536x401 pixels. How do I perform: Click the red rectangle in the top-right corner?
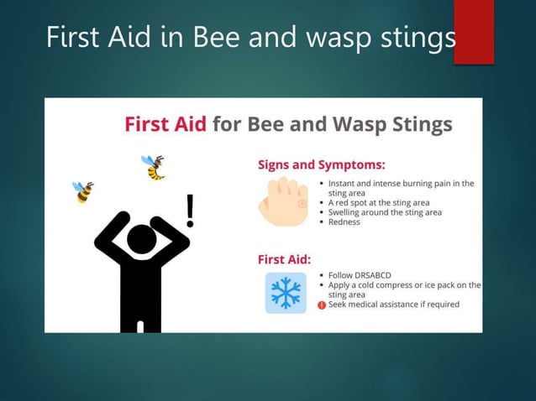pyautogui.click(x=474, y=31)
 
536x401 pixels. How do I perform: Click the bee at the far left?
pyautogui.click(x=83, y=192)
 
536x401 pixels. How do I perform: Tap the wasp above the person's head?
pyautogui.click(x=154, y=167)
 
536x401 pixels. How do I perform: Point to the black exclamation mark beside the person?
pyautogui.click(x=191, y=211)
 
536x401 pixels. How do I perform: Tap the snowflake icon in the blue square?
pyautogui.click(x=286, y=293)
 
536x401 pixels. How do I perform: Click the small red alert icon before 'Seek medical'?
pyautogui.click(x=322, y=305)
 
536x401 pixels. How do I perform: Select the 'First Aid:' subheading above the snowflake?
pyautogui.click(x=284, y=258)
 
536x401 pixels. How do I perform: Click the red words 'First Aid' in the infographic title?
pyautogui.click(x=166, y=124)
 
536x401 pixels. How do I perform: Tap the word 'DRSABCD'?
pyautogui.click(x=371, y=275)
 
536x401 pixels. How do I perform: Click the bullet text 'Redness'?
pyautogui.click(x=344, y=222)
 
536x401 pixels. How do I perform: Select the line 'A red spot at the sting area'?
pyautogui.click(x=379, y=203)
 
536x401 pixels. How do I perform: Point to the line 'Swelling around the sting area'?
pyautogui.click(x=385, y=213)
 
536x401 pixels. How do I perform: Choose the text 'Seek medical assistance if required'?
pyautogui.click(x=394, y=305)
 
